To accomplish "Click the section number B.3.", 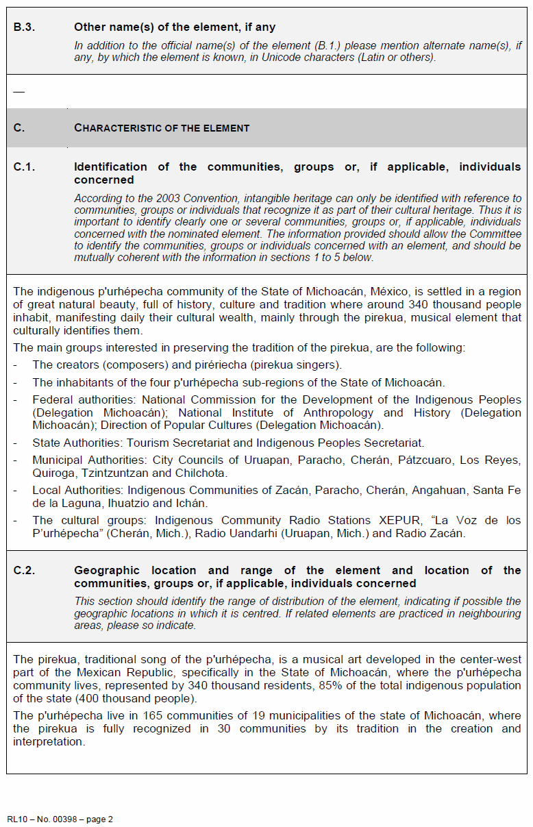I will click(24, 27).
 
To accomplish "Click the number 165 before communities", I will click(123, 715).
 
